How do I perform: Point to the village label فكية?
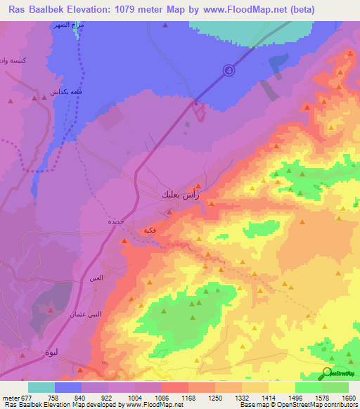coord(148,230)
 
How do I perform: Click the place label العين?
coord(96,279)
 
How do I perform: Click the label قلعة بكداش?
coord(63,91)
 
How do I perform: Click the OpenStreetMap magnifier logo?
coord(328,372)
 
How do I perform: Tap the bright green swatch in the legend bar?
coord(308,387)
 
